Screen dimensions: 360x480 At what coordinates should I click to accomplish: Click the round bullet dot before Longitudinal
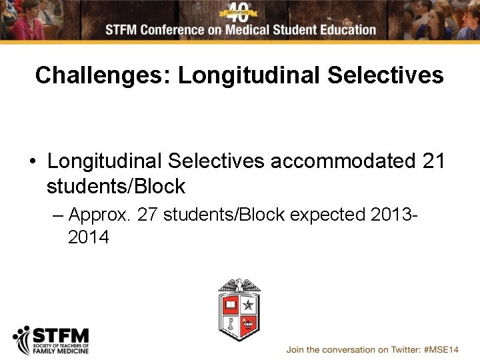point(32,162)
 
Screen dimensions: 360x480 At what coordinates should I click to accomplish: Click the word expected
point(328,215)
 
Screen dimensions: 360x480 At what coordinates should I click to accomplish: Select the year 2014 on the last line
point(89,237)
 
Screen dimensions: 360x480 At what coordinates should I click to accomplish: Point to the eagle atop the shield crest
point(239,286)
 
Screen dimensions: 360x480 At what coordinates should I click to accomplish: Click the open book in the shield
point(230,305)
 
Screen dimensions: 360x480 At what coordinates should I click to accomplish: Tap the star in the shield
point(249,305)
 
